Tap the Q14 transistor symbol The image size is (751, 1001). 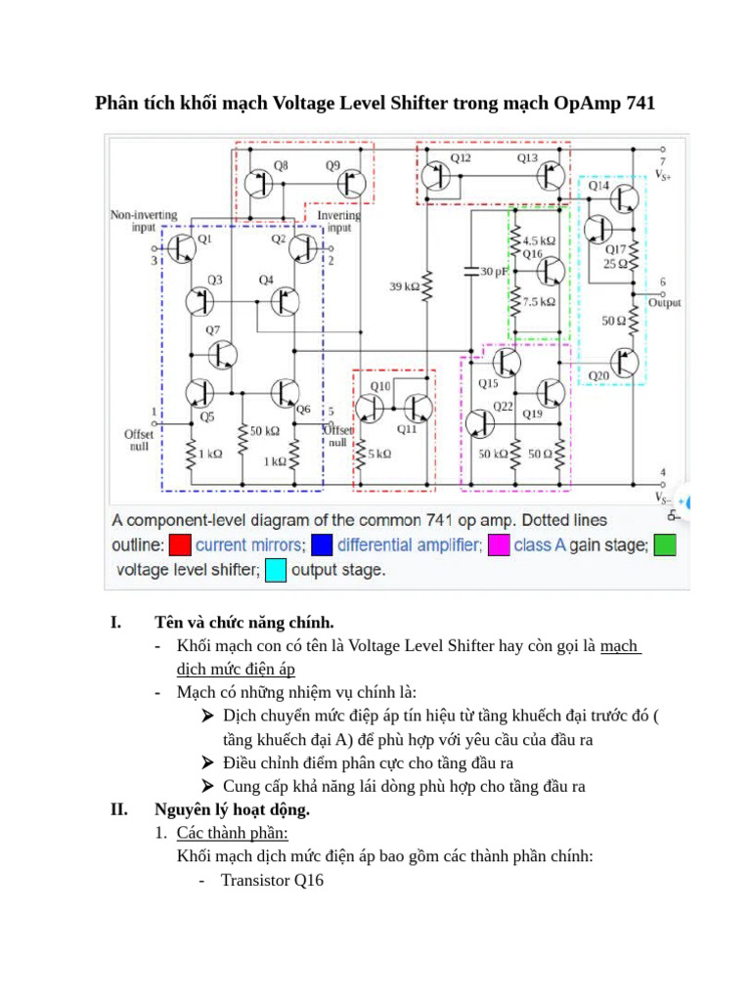[624, 198]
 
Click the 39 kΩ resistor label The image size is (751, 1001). [403, 287]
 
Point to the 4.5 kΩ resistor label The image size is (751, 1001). [539, 239]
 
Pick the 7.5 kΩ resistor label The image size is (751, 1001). [539, 302]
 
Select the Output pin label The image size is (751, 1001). [665, 303]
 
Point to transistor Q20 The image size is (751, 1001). [624, 363]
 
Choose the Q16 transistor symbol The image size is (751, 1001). [551, 270]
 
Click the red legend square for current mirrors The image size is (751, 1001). [179, 545]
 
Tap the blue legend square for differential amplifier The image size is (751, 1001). [323, 545]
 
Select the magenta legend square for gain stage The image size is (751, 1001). [498, 545]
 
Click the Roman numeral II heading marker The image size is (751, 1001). [118, 809]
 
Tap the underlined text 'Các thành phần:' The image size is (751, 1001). [232, 833]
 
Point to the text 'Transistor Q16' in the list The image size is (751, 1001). [271, 880]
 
